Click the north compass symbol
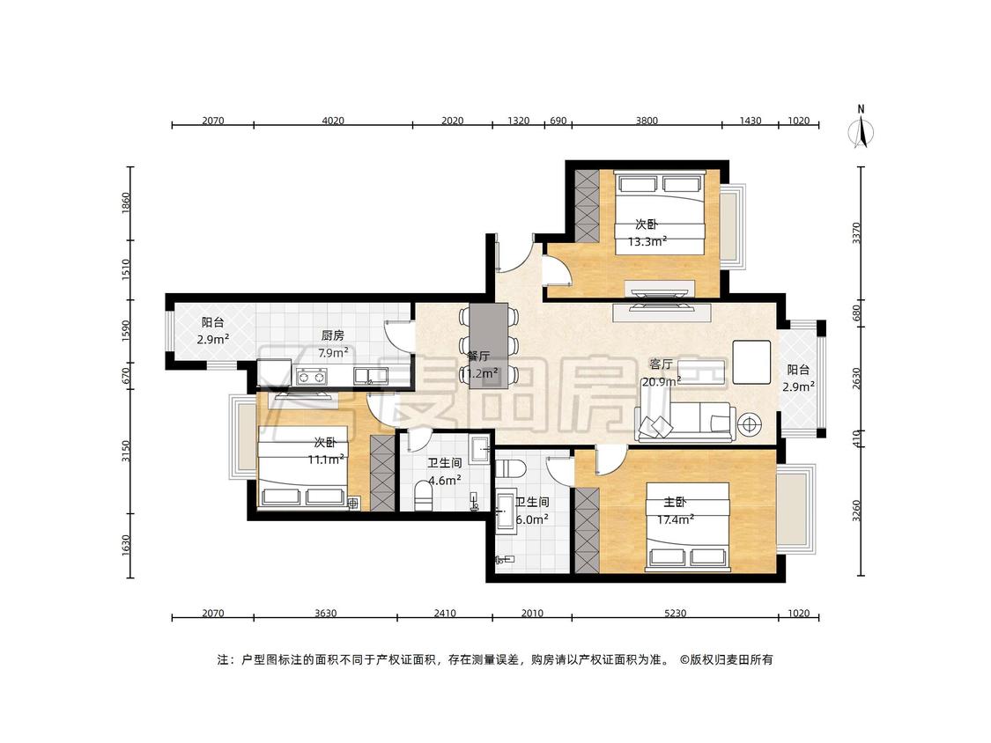[x=861, y=129]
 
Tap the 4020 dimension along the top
[x=333, y=121]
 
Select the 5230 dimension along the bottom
[x=675, y=613]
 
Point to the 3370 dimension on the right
[x=856, y=232]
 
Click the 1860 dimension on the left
[x=125, y=203]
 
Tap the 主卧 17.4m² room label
[x=676, y=511]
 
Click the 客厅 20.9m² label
[x=662, y=372]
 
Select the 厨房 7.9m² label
[x=333, y=344]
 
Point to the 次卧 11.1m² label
[x=326, y=451]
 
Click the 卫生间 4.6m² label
[x=444, y=471]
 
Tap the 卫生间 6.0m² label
[x=531, y=511]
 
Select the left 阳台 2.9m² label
[x=213, y=330]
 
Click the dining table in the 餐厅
[x=488, y=346]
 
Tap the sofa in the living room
[x=685, y=421]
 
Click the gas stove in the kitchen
[x=311, y=377]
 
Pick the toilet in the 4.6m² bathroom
[x=422, y=496]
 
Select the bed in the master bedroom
[x=688, y=527]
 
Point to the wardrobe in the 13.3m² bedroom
[x=587, y=205]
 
